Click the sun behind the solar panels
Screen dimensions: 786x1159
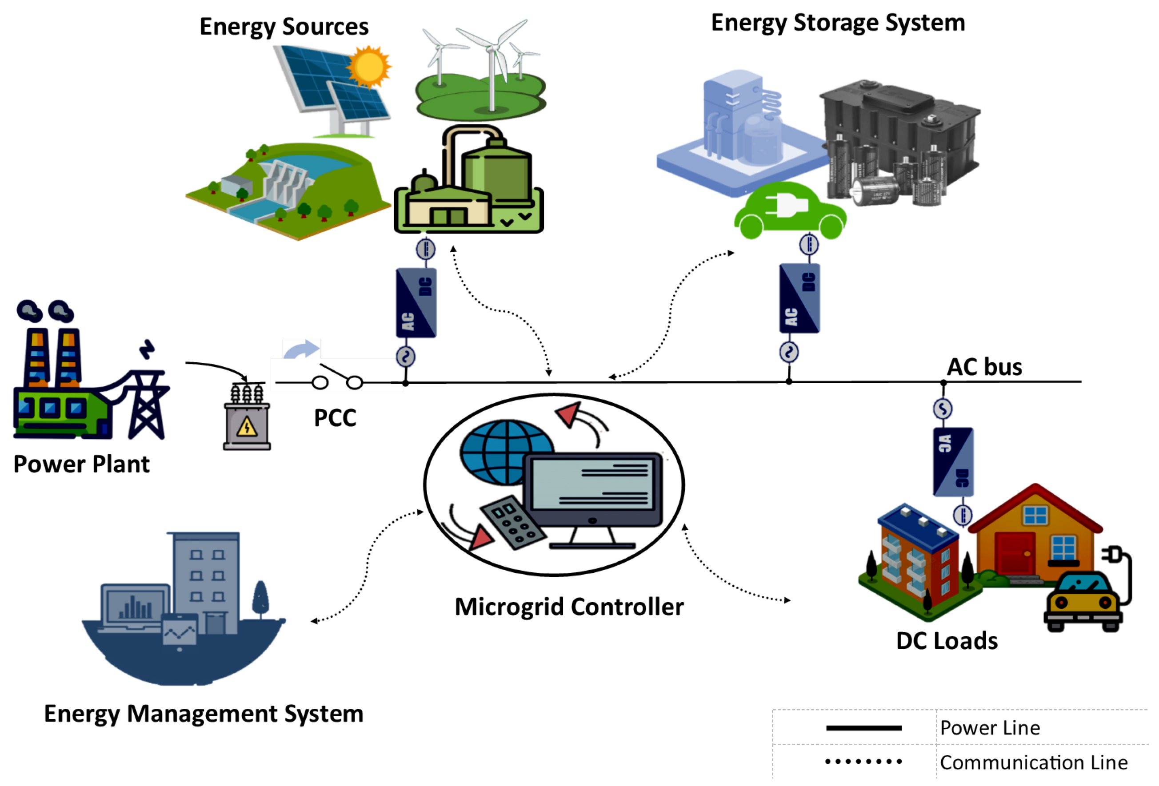(x=369, y=66)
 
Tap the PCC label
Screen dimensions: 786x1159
(x=335, y=418)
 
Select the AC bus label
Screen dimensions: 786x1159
(x=984, y=367)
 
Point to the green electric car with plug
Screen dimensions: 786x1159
(x=789, y=212)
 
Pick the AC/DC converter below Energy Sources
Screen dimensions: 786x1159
(x=416, y=302)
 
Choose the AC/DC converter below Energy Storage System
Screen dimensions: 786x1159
(x=799, y=298)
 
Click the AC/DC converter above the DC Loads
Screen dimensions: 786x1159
(x=953, y=461)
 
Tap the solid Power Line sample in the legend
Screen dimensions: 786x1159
(x=863, y=728)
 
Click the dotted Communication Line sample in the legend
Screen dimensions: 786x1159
(x=863, y=761)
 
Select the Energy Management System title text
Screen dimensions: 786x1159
(x=204, y=714)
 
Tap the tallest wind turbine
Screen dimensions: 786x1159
(x=491, y=65)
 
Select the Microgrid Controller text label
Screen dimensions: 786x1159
(x=569, y=607)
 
